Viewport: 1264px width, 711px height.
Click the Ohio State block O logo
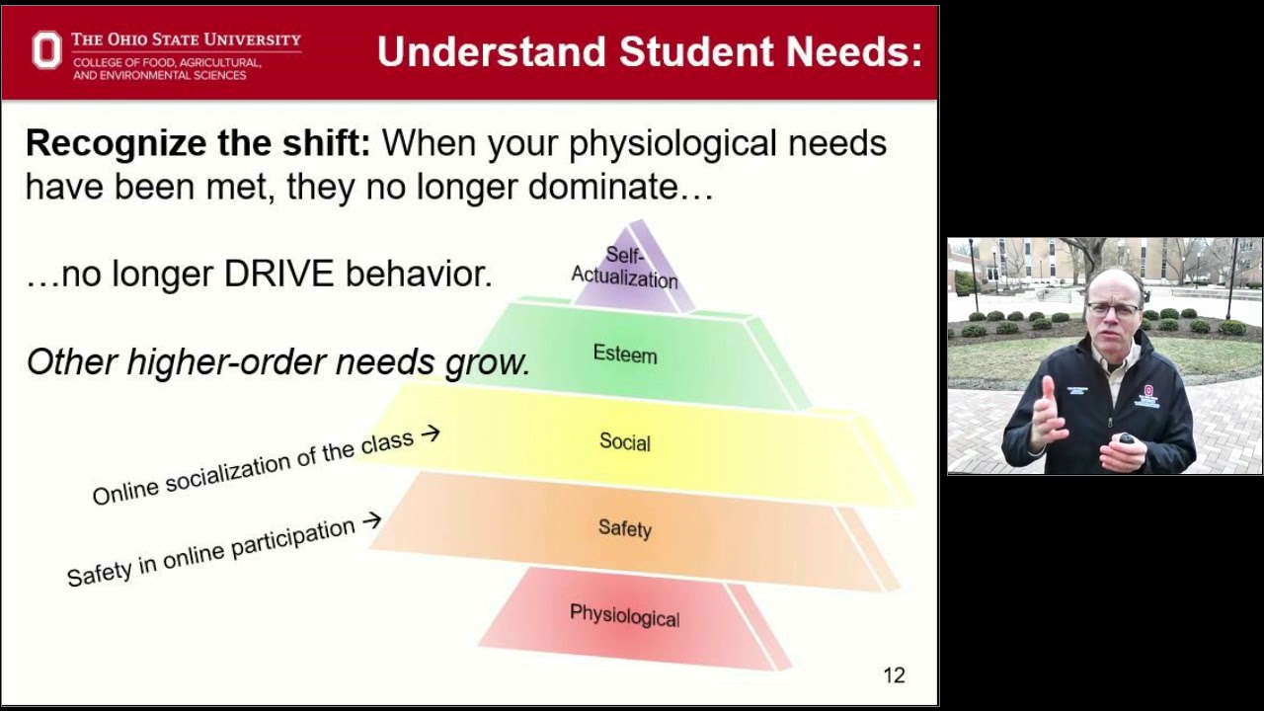coord(46,50)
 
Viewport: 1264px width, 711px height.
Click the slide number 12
coord(893,675)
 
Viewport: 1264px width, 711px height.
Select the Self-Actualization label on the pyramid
coord(625,268)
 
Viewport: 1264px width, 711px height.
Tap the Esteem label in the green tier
coord(624,354)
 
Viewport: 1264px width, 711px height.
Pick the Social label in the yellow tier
coord(624,441)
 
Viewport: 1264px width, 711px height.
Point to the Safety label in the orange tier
coord(624,528)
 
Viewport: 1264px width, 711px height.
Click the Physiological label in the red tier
coord(624,616)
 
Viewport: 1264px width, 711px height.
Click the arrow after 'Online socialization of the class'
coord(430,433)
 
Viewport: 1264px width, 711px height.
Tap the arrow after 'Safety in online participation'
coord(371,520)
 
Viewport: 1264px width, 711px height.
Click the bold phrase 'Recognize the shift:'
coord(197,144)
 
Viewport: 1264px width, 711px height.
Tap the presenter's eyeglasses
coord(1113,309)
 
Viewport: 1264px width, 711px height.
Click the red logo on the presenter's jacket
coord(1147,391)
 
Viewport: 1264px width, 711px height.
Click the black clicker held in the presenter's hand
coord(1126,438)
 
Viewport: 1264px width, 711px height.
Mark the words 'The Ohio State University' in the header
coord(186,39)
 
